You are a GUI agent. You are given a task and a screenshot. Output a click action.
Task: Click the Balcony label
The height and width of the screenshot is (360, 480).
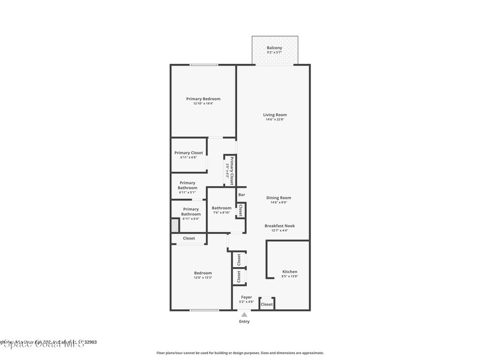point(274,48)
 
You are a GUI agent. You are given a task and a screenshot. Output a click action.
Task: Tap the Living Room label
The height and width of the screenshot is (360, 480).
point(275,115)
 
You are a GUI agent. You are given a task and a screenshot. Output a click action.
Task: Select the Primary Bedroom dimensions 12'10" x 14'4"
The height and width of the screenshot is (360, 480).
point(203,104)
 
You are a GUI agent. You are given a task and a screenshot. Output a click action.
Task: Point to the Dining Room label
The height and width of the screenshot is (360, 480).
point(279,198)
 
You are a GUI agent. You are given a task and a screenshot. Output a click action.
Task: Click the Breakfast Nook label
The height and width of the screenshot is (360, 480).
point(279,225)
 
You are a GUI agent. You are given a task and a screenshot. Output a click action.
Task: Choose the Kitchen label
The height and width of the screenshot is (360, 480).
point(290,271)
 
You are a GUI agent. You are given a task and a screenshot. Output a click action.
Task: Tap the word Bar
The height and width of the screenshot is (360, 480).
point(242,195)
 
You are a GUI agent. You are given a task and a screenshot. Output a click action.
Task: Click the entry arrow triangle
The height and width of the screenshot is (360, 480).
point(244,315)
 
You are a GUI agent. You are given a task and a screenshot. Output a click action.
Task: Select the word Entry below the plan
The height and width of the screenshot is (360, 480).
point(244,322)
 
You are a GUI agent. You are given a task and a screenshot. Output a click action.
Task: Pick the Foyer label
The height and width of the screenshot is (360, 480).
point(247,297)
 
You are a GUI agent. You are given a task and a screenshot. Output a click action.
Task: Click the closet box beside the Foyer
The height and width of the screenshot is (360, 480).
point(267,304)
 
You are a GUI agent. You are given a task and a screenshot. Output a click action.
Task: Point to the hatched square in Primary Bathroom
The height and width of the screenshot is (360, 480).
point(174,225)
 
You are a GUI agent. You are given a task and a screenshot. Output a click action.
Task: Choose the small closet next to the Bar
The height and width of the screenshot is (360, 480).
point(240,210)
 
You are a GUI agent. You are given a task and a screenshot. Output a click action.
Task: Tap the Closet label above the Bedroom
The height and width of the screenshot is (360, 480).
point(189,238)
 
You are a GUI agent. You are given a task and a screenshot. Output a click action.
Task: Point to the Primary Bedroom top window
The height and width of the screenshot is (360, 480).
point(203,65)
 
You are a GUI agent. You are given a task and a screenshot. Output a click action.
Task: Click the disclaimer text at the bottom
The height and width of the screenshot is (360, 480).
point(240,353)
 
